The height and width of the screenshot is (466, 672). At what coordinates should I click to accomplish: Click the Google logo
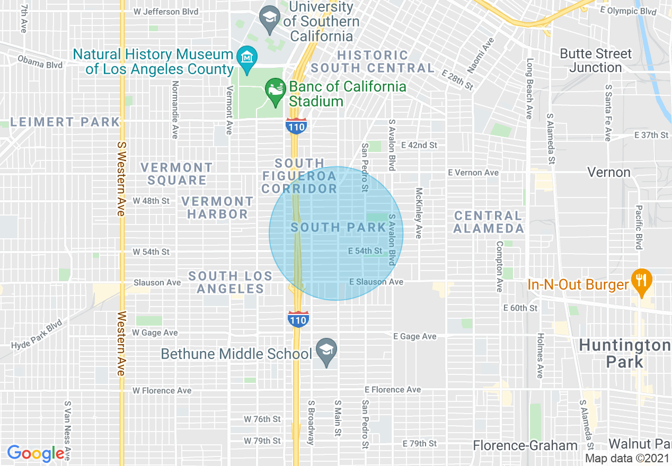pyautogui.click(x=36, y=453)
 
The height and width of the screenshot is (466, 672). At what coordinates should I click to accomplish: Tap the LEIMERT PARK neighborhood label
pyautogui.click(x=65, y=122)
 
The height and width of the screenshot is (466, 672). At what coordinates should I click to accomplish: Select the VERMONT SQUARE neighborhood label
pyautogui.click(x=176, y=174)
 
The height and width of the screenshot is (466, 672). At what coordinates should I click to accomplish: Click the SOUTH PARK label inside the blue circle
pyautogui.click(x=338, y=228)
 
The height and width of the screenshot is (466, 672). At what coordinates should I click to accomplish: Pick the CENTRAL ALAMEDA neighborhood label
pyautogui.click(x=489, y=222)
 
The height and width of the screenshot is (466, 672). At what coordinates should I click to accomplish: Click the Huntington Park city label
pyautogui.click(x=624, y=354)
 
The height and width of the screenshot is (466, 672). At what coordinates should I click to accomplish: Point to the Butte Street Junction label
pyautogui.click(x=596, y=60)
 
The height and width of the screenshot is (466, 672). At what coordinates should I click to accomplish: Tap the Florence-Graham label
pyautogui.click(x=525, y=445)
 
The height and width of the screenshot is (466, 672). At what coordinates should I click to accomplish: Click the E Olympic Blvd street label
pyautogui.click(x=628, y=11)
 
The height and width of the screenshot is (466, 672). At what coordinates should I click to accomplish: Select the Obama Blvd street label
pyautogui.click(x=40, y=61)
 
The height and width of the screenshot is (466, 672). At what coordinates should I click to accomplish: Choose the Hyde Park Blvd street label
pyautogui.click(x=37, y=335)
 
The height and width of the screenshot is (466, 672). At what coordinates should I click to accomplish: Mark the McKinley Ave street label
pyautogui.click(x=419, y=213)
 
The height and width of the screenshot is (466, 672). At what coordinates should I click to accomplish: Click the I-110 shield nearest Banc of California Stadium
pyautogui.click(x=295, y=126)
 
